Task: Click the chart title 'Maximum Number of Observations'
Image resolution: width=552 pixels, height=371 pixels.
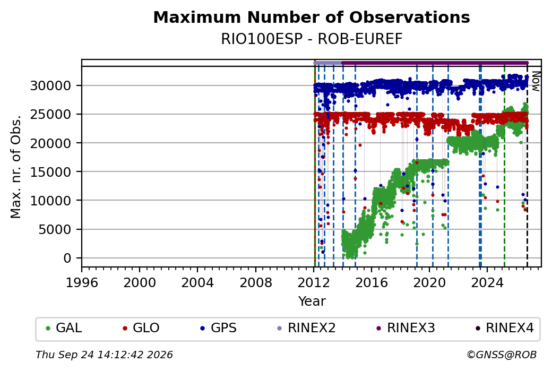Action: click(x=312, y=17)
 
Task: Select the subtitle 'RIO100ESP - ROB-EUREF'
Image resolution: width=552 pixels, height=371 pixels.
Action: click(x=312, y=39)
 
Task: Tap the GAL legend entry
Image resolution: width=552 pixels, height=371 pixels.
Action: click(x=64, y=328)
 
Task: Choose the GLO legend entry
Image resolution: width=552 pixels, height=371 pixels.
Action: click(x=141, y=328)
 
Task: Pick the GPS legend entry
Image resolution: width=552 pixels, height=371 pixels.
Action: click(x=218, y=328)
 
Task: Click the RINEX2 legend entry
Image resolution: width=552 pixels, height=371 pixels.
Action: click(x=306, y=328)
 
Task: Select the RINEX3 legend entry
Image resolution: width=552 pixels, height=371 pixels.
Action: click(x=406, y=328)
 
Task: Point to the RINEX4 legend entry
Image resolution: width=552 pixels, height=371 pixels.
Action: click(x=504, y=328)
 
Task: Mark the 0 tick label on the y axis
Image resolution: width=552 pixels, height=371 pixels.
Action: click(x=67, y=258)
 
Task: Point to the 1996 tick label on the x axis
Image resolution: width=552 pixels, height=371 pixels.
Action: click(x=82, y=283)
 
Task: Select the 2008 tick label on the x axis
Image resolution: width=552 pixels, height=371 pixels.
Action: click(x=256, y=283)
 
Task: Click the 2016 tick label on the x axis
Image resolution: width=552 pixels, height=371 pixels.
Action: click(x=372, y=283)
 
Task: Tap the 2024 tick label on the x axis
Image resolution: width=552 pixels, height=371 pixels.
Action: click(x=487, y=283)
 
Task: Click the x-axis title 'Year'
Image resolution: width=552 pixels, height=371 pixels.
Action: click(x=312, y=301)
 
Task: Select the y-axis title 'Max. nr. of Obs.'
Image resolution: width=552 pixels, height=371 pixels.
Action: click(x=16, y=167)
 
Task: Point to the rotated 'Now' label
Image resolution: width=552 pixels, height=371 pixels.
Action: click(x=536, y=81)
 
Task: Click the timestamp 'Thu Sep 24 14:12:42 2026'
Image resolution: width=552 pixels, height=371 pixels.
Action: click(x=104, y=355)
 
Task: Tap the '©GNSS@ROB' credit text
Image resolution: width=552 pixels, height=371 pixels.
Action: click(x=502, y=355)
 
